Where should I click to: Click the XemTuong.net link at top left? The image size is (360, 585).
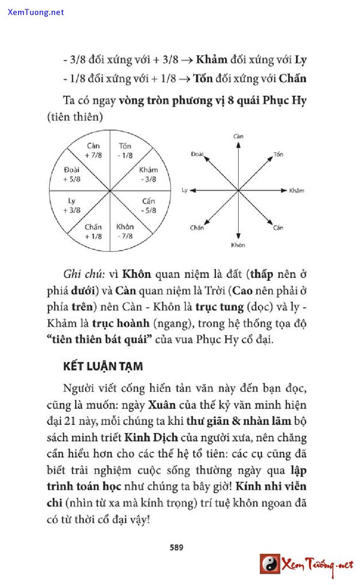click(x=35, y=12)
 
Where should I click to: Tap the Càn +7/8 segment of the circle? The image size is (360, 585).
click(x=93, y=151)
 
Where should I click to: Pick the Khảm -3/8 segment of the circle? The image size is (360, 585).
click(x=148, y=175)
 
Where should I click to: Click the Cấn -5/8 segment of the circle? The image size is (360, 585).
click(x=148, y=206)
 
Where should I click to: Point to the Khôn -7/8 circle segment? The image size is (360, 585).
click(x=125, y=231)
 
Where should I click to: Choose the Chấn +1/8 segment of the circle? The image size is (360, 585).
click(x=93, y=231)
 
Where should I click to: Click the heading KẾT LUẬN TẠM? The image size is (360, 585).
click(x=103, y=366)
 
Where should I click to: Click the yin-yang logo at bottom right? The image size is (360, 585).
click(x=269, y=564)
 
